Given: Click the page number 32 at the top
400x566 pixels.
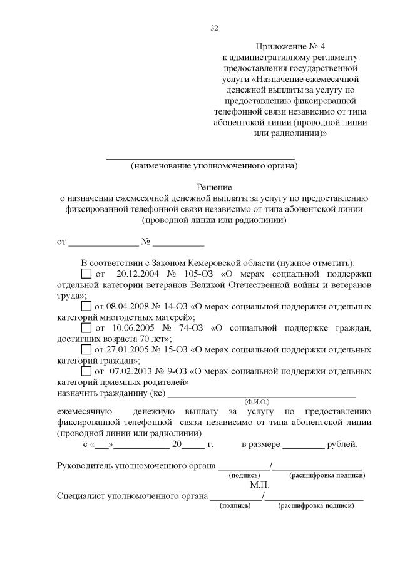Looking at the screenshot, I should tap(214, 28).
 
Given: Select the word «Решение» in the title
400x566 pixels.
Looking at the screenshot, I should tap(214, 187).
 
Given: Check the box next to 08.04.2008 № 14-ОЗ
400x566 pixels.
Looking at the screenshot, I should tap(86, 307).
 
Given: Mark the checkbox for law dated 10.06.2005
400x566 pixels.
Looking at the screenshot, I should tap(86, 327).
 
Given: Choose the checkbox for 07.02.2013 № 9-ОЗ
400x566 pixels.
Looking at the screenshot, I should tap(86, 371).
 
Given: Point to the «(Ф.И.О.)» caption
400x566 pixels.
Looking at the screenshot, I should tap(257, 401).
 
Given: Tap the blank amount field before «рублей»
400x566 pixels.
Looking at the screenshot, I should tap(303, 446).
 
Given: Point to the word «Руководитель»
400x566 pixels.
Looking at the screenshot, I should tap(86, 466).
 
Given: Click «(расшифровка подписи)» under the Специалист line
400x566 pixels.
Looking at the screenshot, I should tap(316, 506).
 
